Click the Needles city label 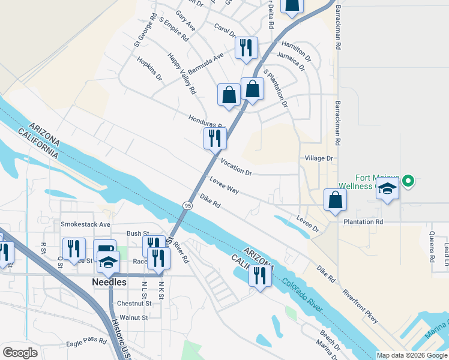pyautogui.click(x=109, y=281)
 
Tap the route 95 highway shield pyautogui.click(x=188, y=206)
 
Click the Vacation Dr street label pyautogui.click(x=236, y=167)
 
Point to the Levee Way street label pyautogui.click(x=224, y=185)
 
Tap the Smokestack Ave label pyautogui.click(x=86, y=224)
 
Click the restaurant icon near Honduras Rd pyautogui.click(x=215, y=139)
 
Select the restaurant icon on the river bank pyautogui.click(x=259, y=275)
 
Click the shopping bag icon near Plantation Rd pyautogui.click(x=335, y=200)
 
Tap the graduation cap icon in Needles pyautogui.click(x=108, y=262)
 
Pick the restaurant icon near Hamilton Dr pyautogui.click(x=246, y=47)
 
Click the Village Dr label pyautogui.click(x=318, y=158)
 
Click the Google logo pyautogui.click(x=20, y=352)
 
